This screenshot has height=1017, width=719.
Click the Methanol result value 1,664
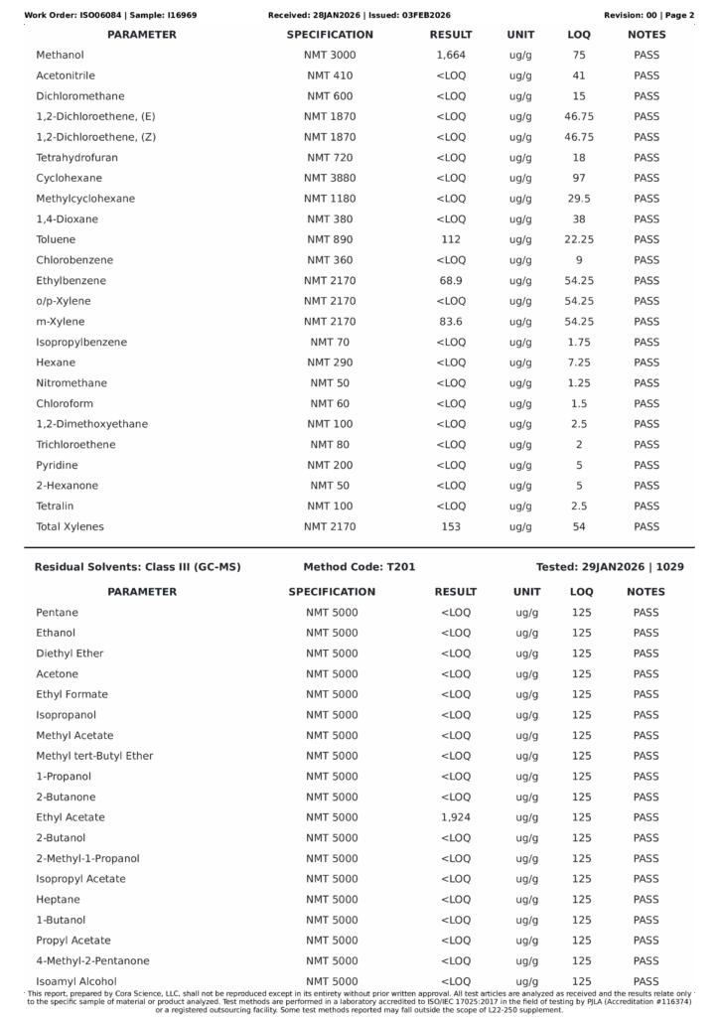[x=451, y=56]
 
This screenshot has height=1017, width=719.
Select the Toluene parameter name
[x=56, y=239]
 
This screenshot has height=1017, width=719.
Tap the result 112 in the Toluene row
[x=451, y=239]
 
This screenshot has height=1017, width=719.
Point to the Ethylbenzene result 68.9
[x=451, y=281]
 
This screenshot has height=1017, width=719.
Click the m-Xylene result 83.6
[x=451, y=322]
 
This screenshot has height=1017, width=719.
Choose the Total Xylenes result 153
[x=451, y=526]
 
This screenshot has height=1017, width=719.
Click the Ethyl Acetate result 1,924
[x=455, y=817]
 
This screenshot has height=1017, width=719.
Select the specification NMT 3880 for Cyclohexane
[x=330, y=178]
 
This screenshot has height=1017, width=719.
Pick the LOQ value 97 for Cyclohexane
[x=579, y=178]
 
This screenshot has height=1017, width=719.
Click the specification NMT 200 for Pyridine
[x=330, y=465]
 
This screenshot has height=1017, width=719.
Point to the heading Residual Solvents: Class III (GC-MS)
[x=137, y=567]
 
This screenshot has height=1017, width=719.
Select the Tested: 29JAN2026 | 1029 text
[x=610, y=567]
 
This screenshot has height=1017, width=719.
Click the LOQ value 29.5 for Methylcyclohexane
[x=579, y=199]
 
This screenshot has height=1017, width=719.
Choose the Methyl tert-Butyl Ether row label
[x=94, y=756]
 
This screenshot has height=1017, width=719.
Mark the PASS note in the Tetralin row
[x=647, y=507]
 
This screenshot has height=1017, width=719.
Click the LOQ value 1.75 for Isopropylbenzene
[x=579, y=343]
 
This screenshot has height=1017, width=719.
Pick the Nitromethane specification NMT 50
[x=330, y=383]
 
